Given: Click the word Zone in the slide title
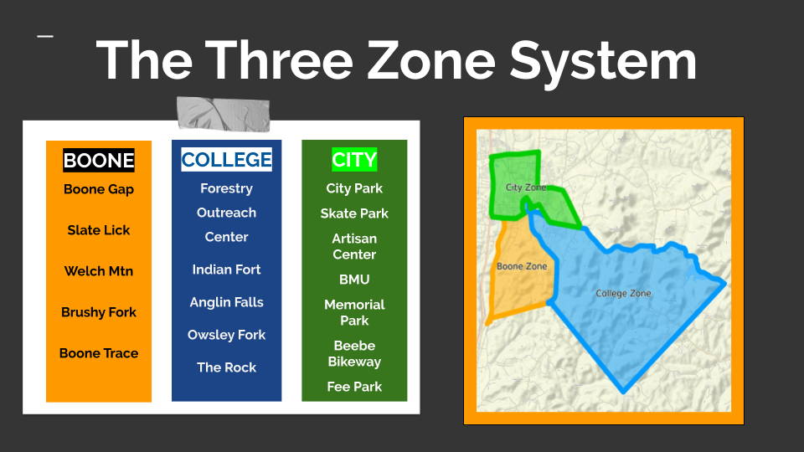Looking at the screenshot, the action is [x=432, y=60].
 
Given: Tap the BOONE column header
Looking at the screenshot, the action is [x=99, y=161].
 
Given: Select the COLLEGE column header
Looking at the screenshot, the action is [x=226, y=159].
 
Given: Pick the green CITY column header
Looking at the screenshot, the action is [x=354, y=159].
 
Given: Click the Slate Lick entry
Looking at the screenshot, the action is [x=99, y=230].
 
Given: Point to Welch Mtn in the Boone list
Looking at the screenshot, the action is [x=99, y=271].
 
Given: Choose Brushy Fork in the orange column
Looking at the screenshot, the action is [x=99, y=312].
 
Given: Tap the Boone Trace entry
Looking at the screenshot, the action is [x=99, y=353].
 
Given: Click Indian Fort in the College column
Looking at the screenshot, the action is [x=226, y=270].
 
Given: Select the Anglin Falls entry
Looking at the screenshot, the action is [x=226, y=302].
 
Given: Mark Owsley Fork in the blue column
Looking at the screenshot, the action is [x=226, y=335].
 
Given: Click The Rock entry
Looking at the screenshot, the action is [x=226, y=367].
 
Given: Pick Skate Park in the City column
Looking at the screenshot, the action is [x=354, y=213].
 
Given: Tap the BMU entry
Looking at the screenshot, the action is [x=354, y=280].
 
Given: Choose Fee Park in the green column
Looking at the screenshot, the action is [x=354, y=387].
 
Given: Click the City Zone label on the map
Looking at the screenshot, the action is [x=526, y=187].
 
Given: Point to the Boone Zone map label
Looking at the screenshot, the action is [x=522, y=266].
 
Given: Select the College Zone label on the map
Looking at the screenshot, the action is [x=623, y=293].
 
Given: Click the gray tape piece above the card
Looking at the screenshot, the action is [x=223, y=113].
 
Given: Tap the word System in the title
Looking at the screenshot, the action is [x=603, y=63].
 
